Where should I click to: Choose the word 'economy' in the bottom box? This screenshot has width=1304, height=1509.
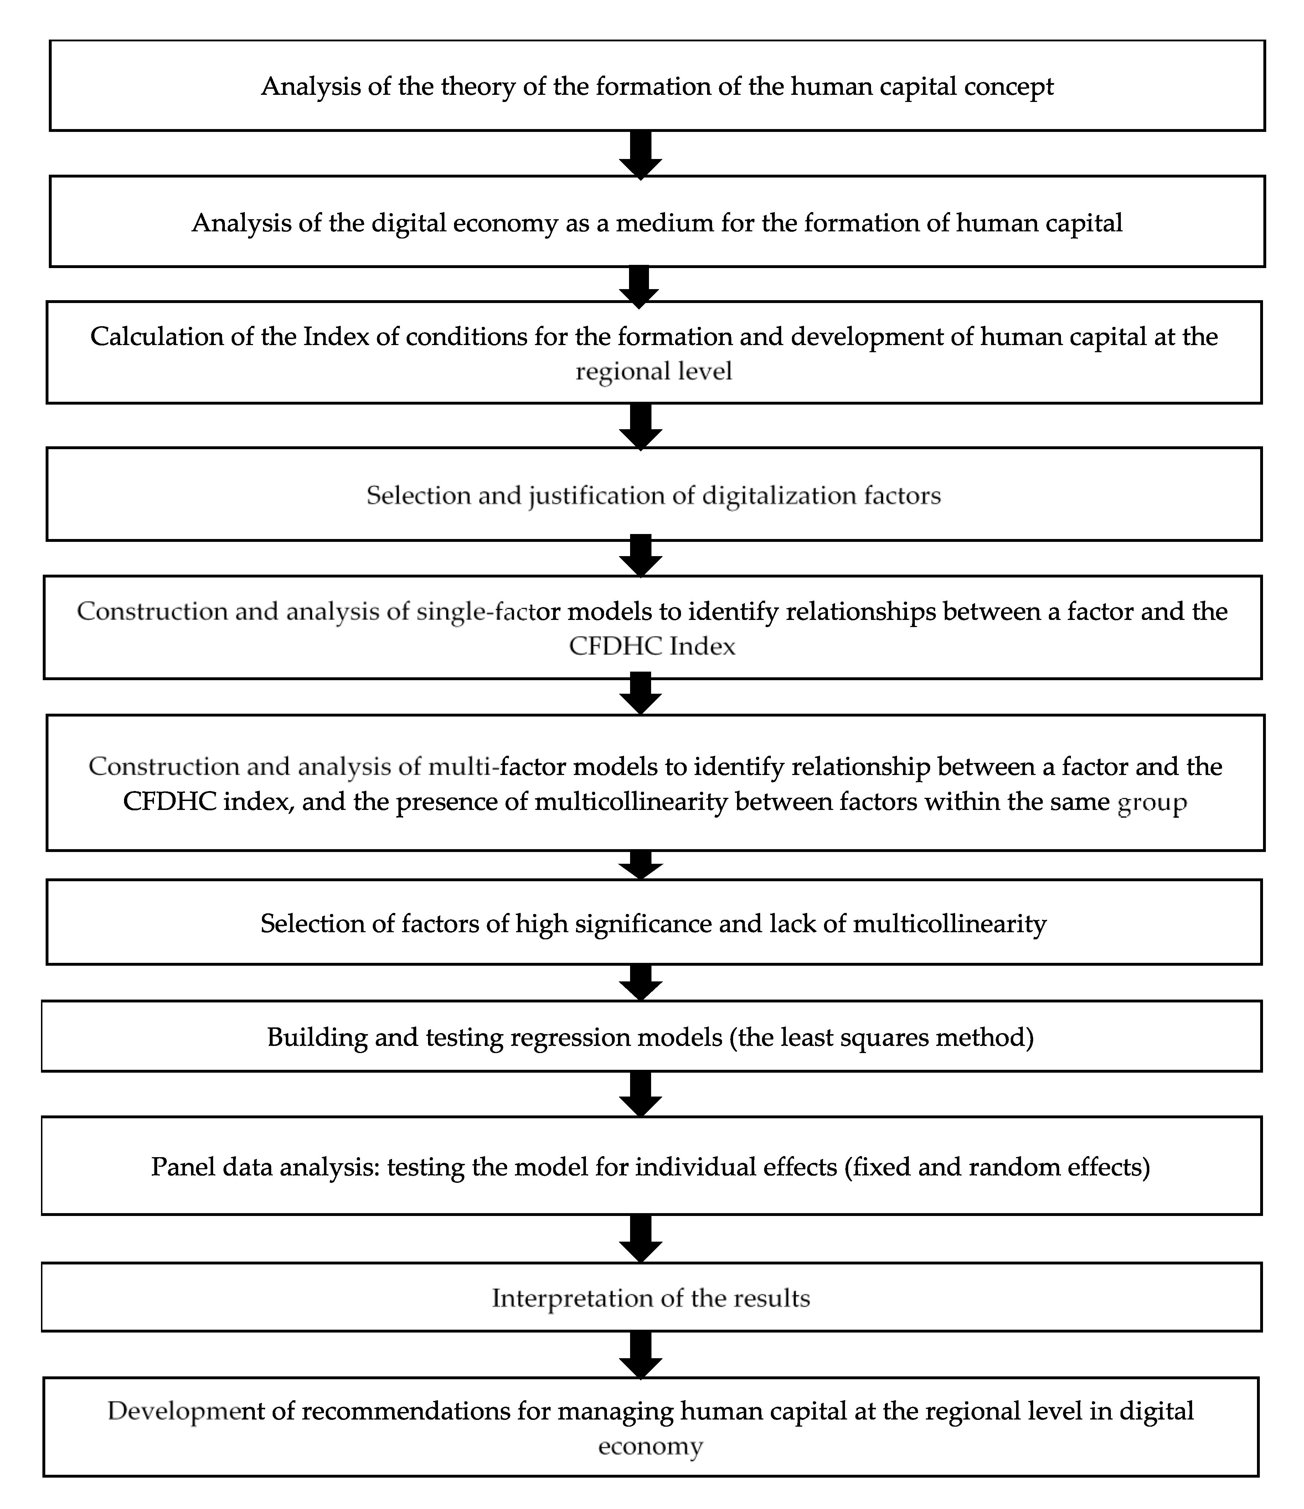click(650, 1446)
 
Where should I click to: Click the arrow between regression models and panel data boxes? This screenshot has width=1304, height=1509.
click(640, 1094)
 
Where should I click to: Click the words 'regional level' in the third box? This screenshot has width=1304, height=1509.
click(653, 371)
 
